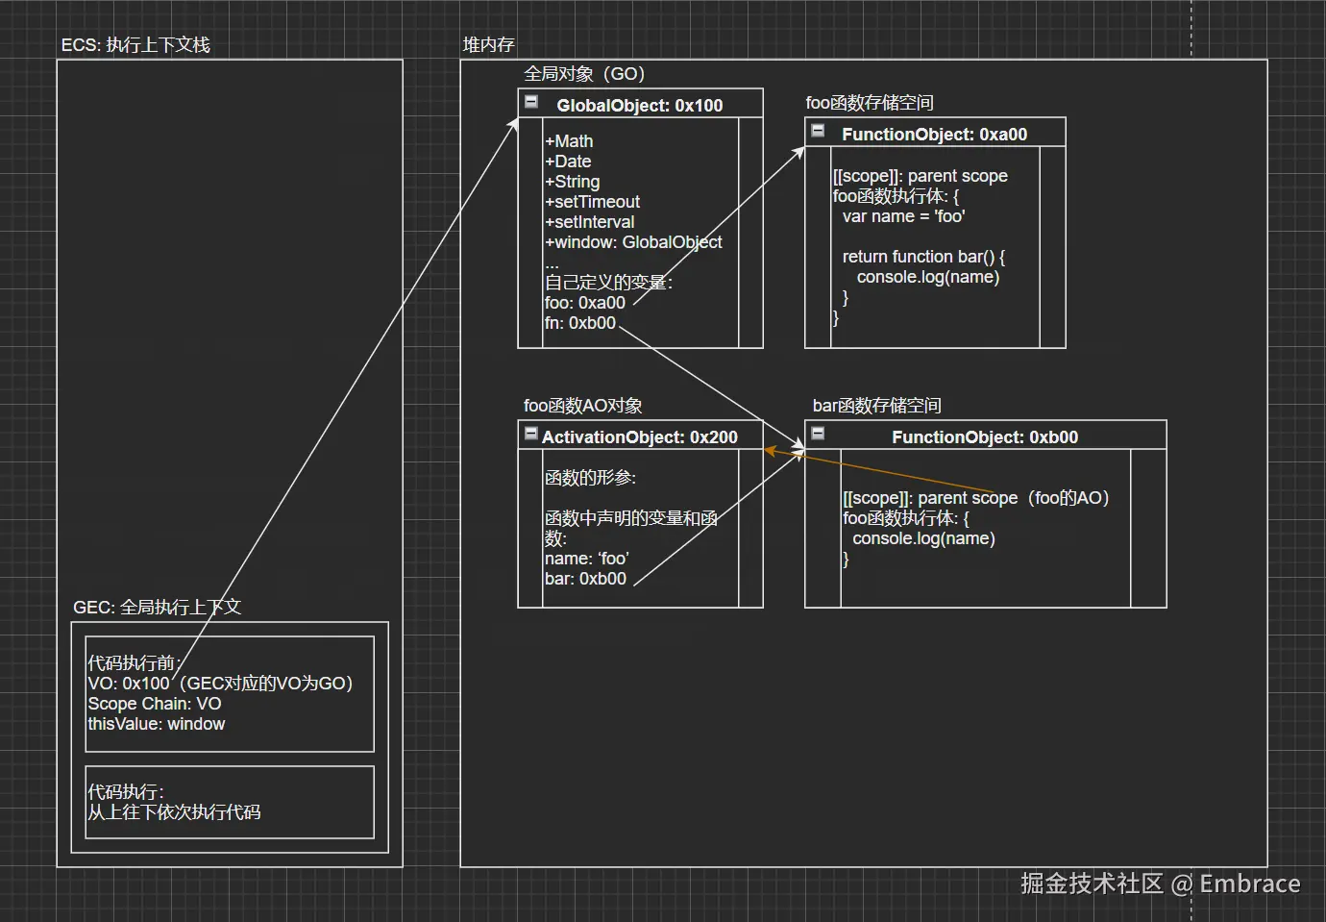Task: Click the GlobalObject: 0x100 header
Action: (x=639, y=105)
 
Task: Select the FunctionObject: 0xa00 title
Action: (x=934, y=134)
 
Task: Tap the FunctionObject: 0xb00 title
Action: (x=984, y=436)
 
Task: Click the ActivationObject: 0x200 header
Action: (x=639, y=436)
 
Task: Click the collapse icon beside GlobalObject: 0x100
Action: (x=530, y=101)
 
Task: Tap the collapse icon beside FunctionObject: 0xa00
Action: (x=818, y=130)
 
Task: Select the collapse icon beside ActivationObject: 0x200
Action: (x=530, y=434)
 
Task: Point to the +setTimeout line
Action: (x=592, y=202)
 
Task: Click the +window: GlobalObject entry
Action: (x=633, y=242)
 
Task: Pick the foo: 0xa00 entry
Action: (x=584, y=303)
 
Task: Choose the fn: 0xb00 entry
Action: (x=579, y=323)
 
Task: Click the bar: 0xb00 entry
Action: (x=585, y=579)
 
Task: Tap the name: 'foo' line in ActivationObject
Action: (x=586, y=559)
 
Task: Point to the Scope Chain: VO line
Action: (x=154, y=704)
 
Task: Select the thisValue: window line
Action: (x=156, y=724)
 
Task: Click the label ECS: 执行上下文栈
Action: (x=135, y=45)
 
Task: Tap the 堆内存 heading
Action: (x=488, y=45)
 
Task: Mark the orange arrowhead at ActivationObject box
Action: (x=770, y=450)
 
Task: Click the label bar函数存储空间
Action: (x=876, y=406)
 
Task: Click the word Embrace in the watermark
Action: (x=1249, y=884)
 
